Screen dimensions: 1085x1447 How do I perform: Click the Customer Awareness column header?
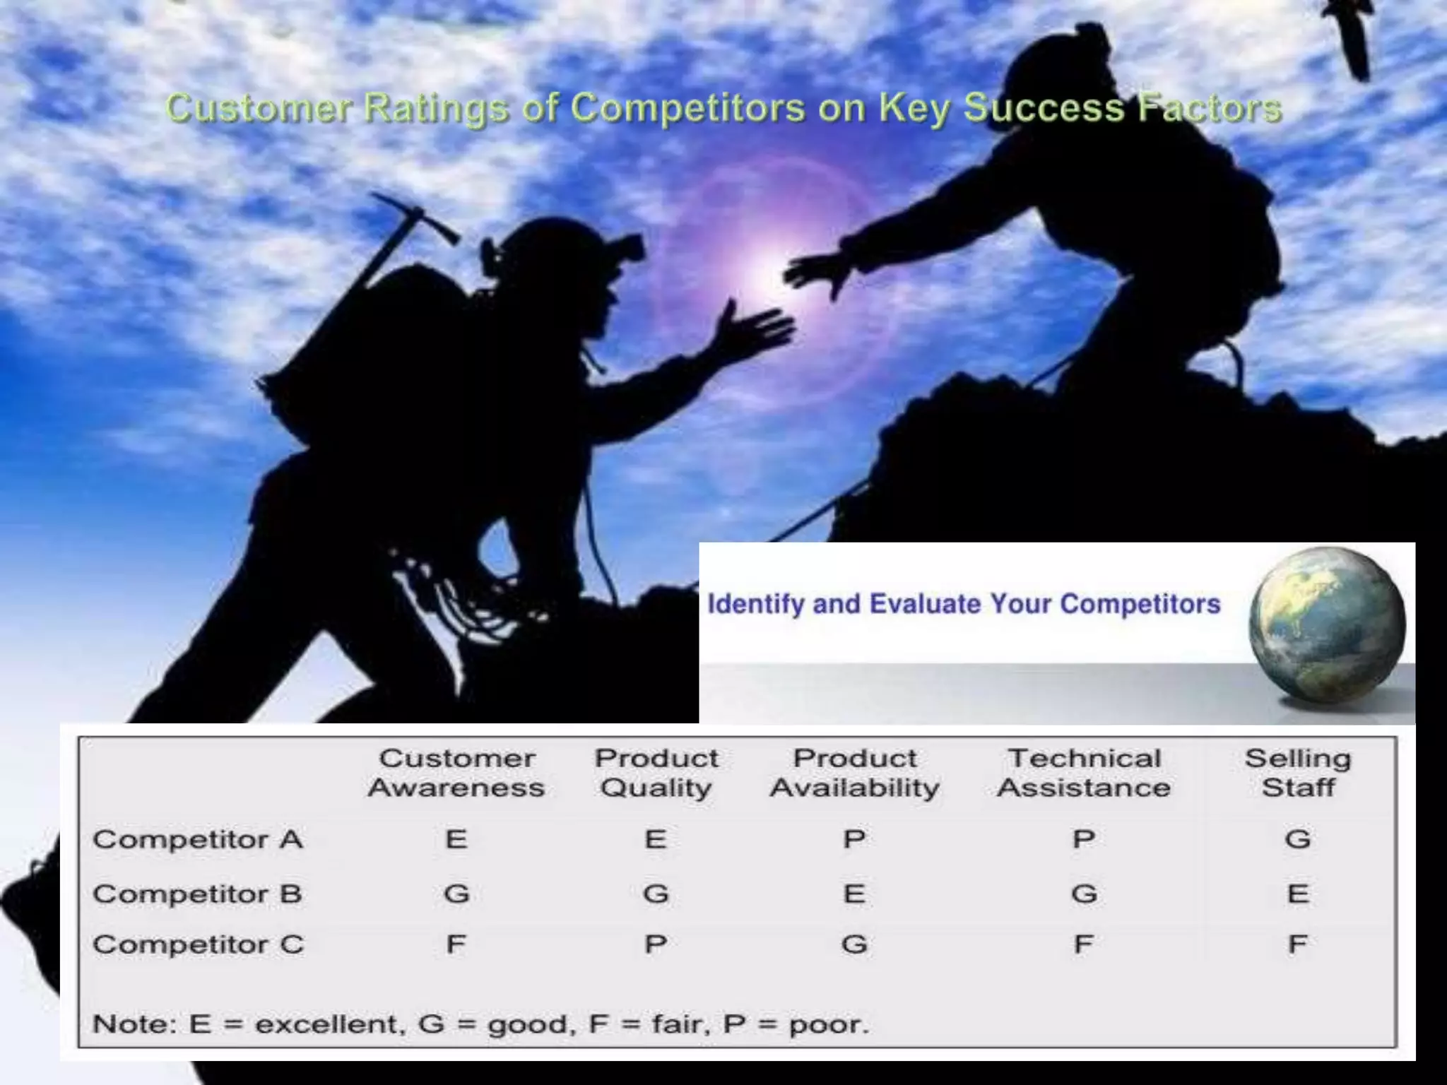(x=456, y=773)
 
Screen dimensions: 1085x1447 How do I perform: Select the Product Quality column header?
(x=656, y=773)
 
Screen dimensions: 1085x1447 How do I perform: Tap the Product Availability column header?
(x=855, y=773)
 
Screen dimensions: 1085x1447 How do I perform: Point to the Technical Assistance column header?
(x=1084, y=773)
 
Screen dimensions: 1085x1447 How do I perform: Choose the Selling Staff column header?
(x=1298, y=773)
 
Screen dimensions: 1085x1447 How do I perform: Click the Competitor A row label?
(x=198, y=840)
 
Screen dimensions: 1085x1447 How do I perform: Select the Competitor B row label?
(x=197, y=894)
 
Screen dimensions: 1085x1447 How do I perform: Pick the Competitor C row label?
(x=198, y=945)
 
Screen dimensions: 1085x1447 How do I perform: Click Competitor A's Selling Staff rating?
(x=1298, y=840)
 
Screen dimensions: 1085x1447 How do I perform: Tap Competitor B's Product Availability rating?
(x=854, y=894)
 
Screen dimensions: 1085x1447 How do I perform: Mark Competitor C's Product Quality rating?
(x=656, y=945)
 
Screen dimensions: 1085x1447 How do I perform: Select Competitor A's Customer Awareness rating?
(x=456, y=840)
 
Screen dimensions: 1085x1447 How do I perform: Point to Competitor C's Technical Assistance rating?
(x=1084, y=945)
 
